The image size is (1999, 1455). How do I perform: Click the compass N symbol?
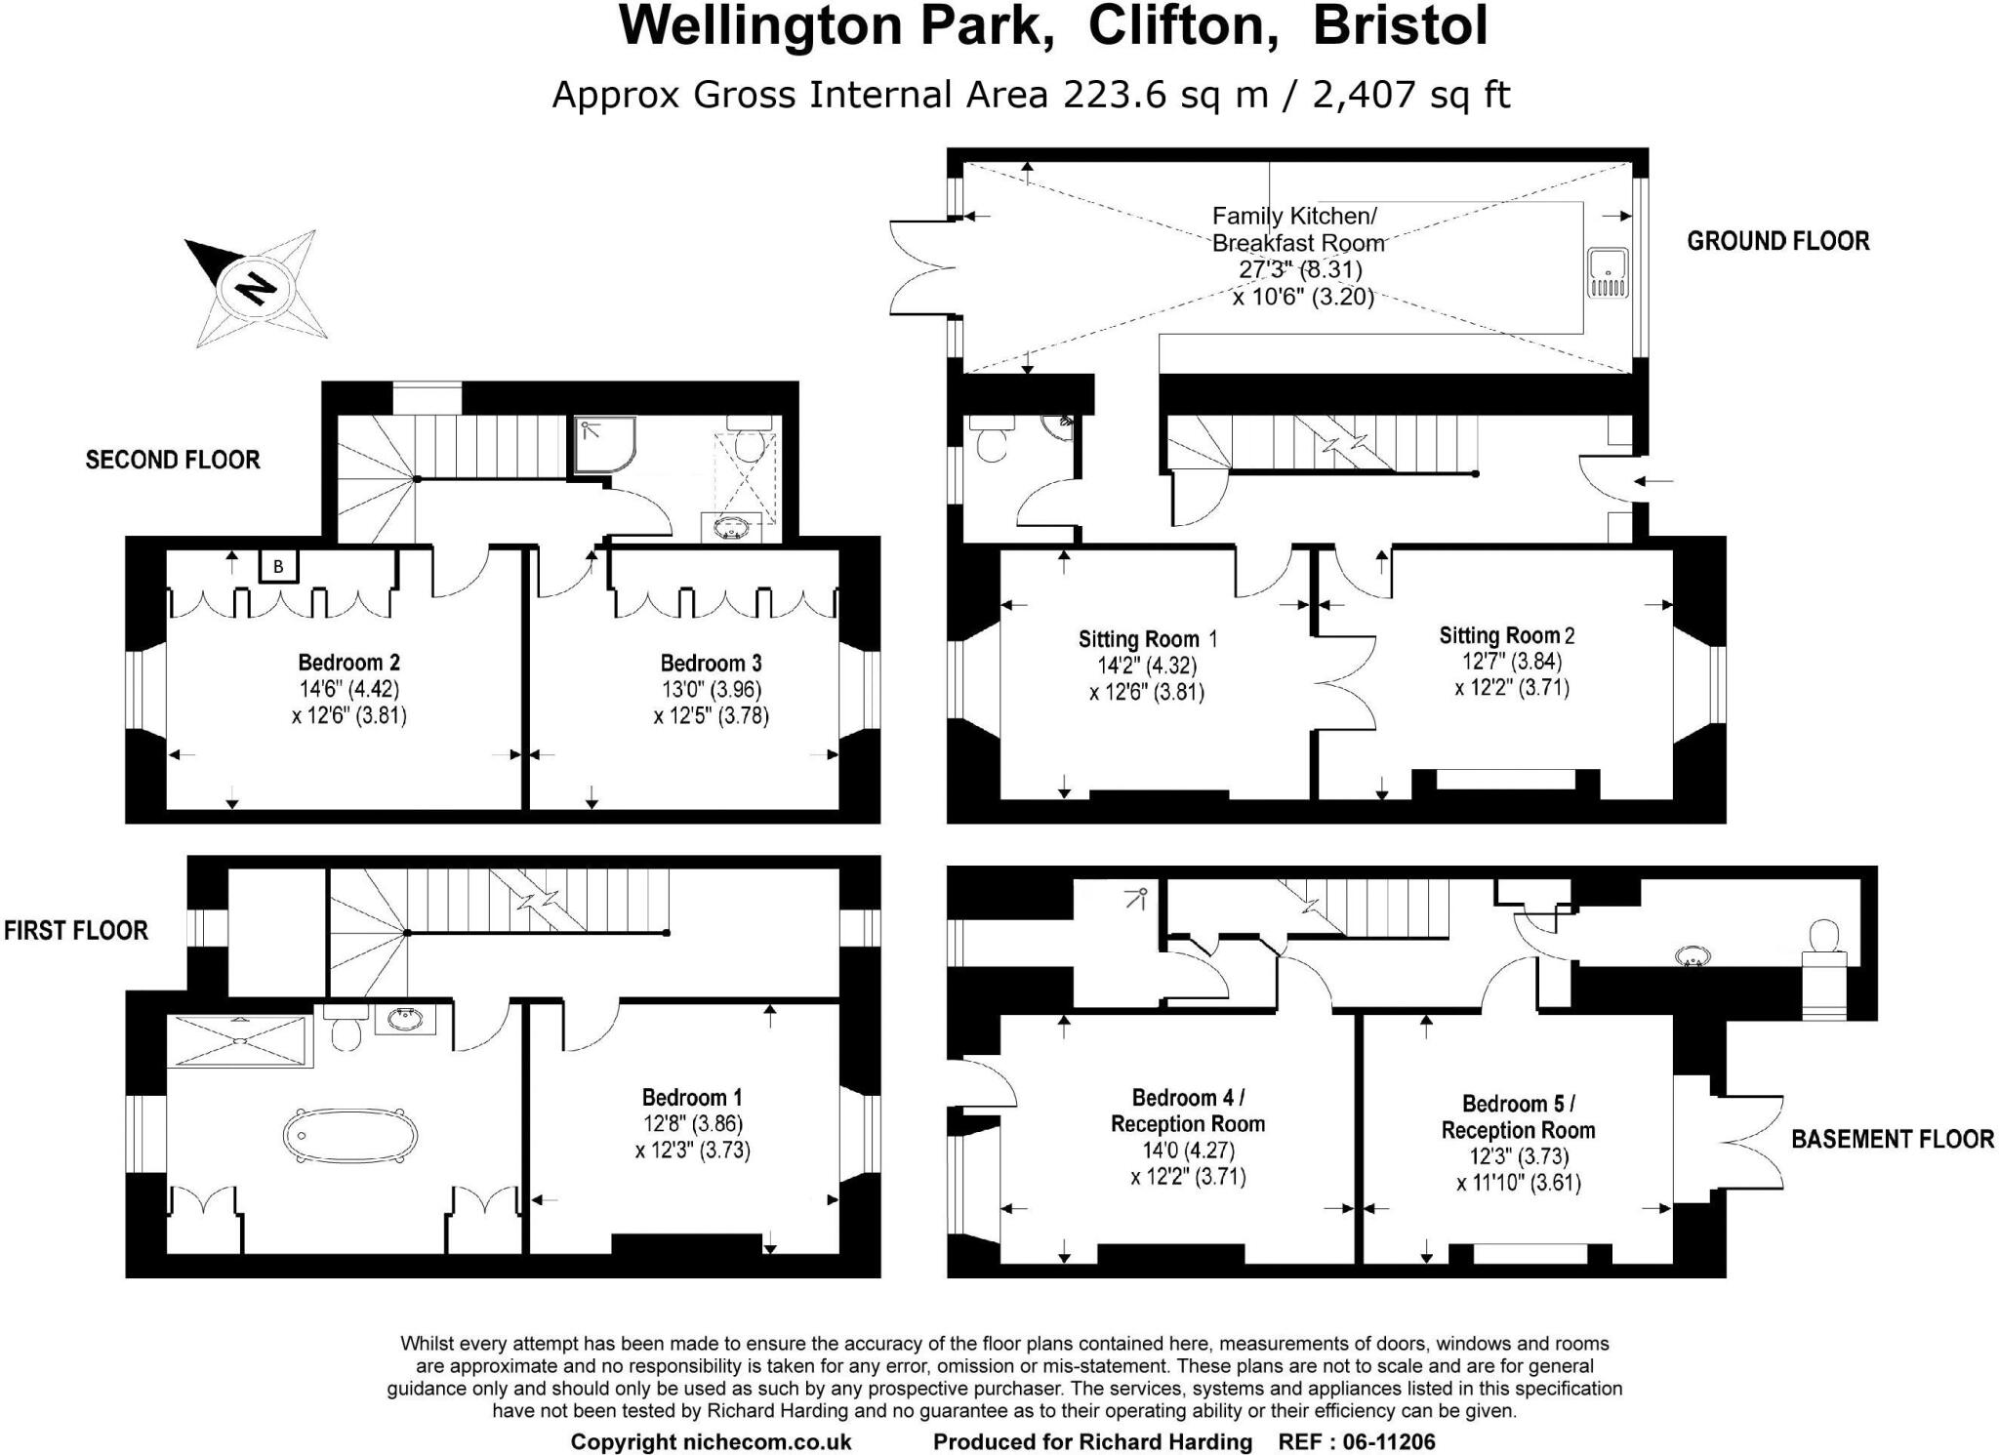256,288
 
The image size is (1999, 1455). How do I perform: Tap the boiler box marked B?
278,566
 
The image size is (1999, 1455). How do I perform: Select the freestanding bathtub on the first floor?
350,1136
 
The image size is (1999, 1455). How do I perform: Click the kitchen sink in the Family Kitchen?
1606,272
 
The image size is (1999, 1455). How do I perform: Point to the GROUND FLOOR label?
1777,241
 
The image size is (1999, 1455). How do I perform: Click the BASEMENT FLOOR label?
1892,1139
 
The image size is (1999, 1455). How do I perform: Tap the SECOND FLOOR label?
173,460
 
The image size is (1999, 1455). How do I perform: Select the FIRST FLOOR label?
76,930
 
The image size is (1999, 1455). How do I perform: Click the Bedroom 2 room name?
348,664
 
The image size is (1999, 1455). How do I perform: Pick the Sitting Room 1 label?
1147,639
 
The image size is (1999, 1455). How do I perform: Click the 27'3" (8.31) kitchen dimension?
1300,269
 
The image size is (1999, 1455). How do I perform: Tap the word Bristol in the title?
1400,26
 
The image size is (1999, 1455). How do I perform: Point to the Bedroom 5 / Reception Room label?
1518,1116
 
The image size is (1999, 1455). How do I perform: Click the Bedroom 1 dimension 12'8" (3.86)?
692,1124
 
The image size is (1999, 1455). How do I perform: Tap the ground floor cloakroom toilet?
991,440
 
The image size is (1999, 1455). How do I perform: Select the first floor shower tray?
239,1040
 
